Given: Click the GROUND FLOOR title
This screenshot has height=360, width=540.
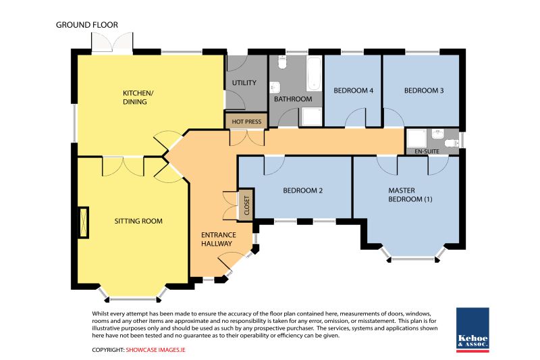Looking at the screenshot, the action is (87, 25).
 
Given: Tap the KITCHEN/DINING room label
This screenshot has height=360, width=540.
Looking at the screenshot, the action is (138, 97).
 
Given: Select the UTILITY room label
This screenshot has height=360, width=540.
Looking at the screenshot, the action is (244, 82).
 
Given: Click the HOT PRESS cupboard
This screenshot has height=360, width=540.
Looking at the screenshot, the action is (246, 122).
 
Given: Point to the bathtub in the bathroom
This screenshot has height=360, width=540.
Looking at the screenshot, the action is (314, 74).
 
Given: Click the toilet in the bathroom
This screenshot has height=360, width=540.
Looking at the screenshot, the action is (282, 62).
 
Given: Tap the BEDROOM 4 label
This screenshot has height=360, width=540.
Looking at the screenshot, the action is (353, 91).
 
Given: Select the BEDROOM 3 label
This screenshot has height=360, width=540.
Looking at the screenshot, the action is (424, 91).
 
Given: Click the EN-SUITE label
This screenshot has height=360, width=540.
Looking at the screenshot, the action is (427, 151).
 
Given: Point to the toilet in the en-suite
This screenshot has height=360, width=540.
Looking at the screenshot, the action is (452, 143).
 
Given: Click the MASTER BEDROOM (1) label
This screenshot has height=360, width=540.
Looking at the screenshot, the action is (410, 195).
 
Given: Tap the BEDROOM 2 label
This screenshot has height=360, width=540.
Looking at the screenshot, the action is (302, 190).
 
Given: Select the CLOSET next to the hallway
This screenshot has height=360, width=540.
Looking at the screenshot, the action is (246, 205).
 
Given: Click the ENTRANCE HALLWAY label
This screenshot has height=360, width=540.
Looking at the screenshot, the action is (218, 239).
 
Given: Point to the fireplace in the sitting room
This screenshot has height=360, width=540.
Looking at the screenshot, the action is (84, 222).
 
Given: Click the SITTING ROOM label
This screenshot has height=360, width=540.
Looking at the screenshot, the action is (138, 221).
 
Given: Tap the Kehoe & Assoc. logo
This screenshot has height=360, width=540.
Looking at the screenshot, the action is (473, 330).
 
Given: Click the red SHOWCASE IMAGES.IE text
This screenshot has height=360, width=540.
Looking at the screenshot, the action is (155, 350).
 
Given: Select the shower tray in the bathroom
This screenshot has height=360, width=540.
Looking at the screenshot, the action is (312, 117).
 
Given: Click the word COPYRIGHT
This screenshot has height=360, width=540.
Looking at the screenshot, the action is (108, 350).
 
